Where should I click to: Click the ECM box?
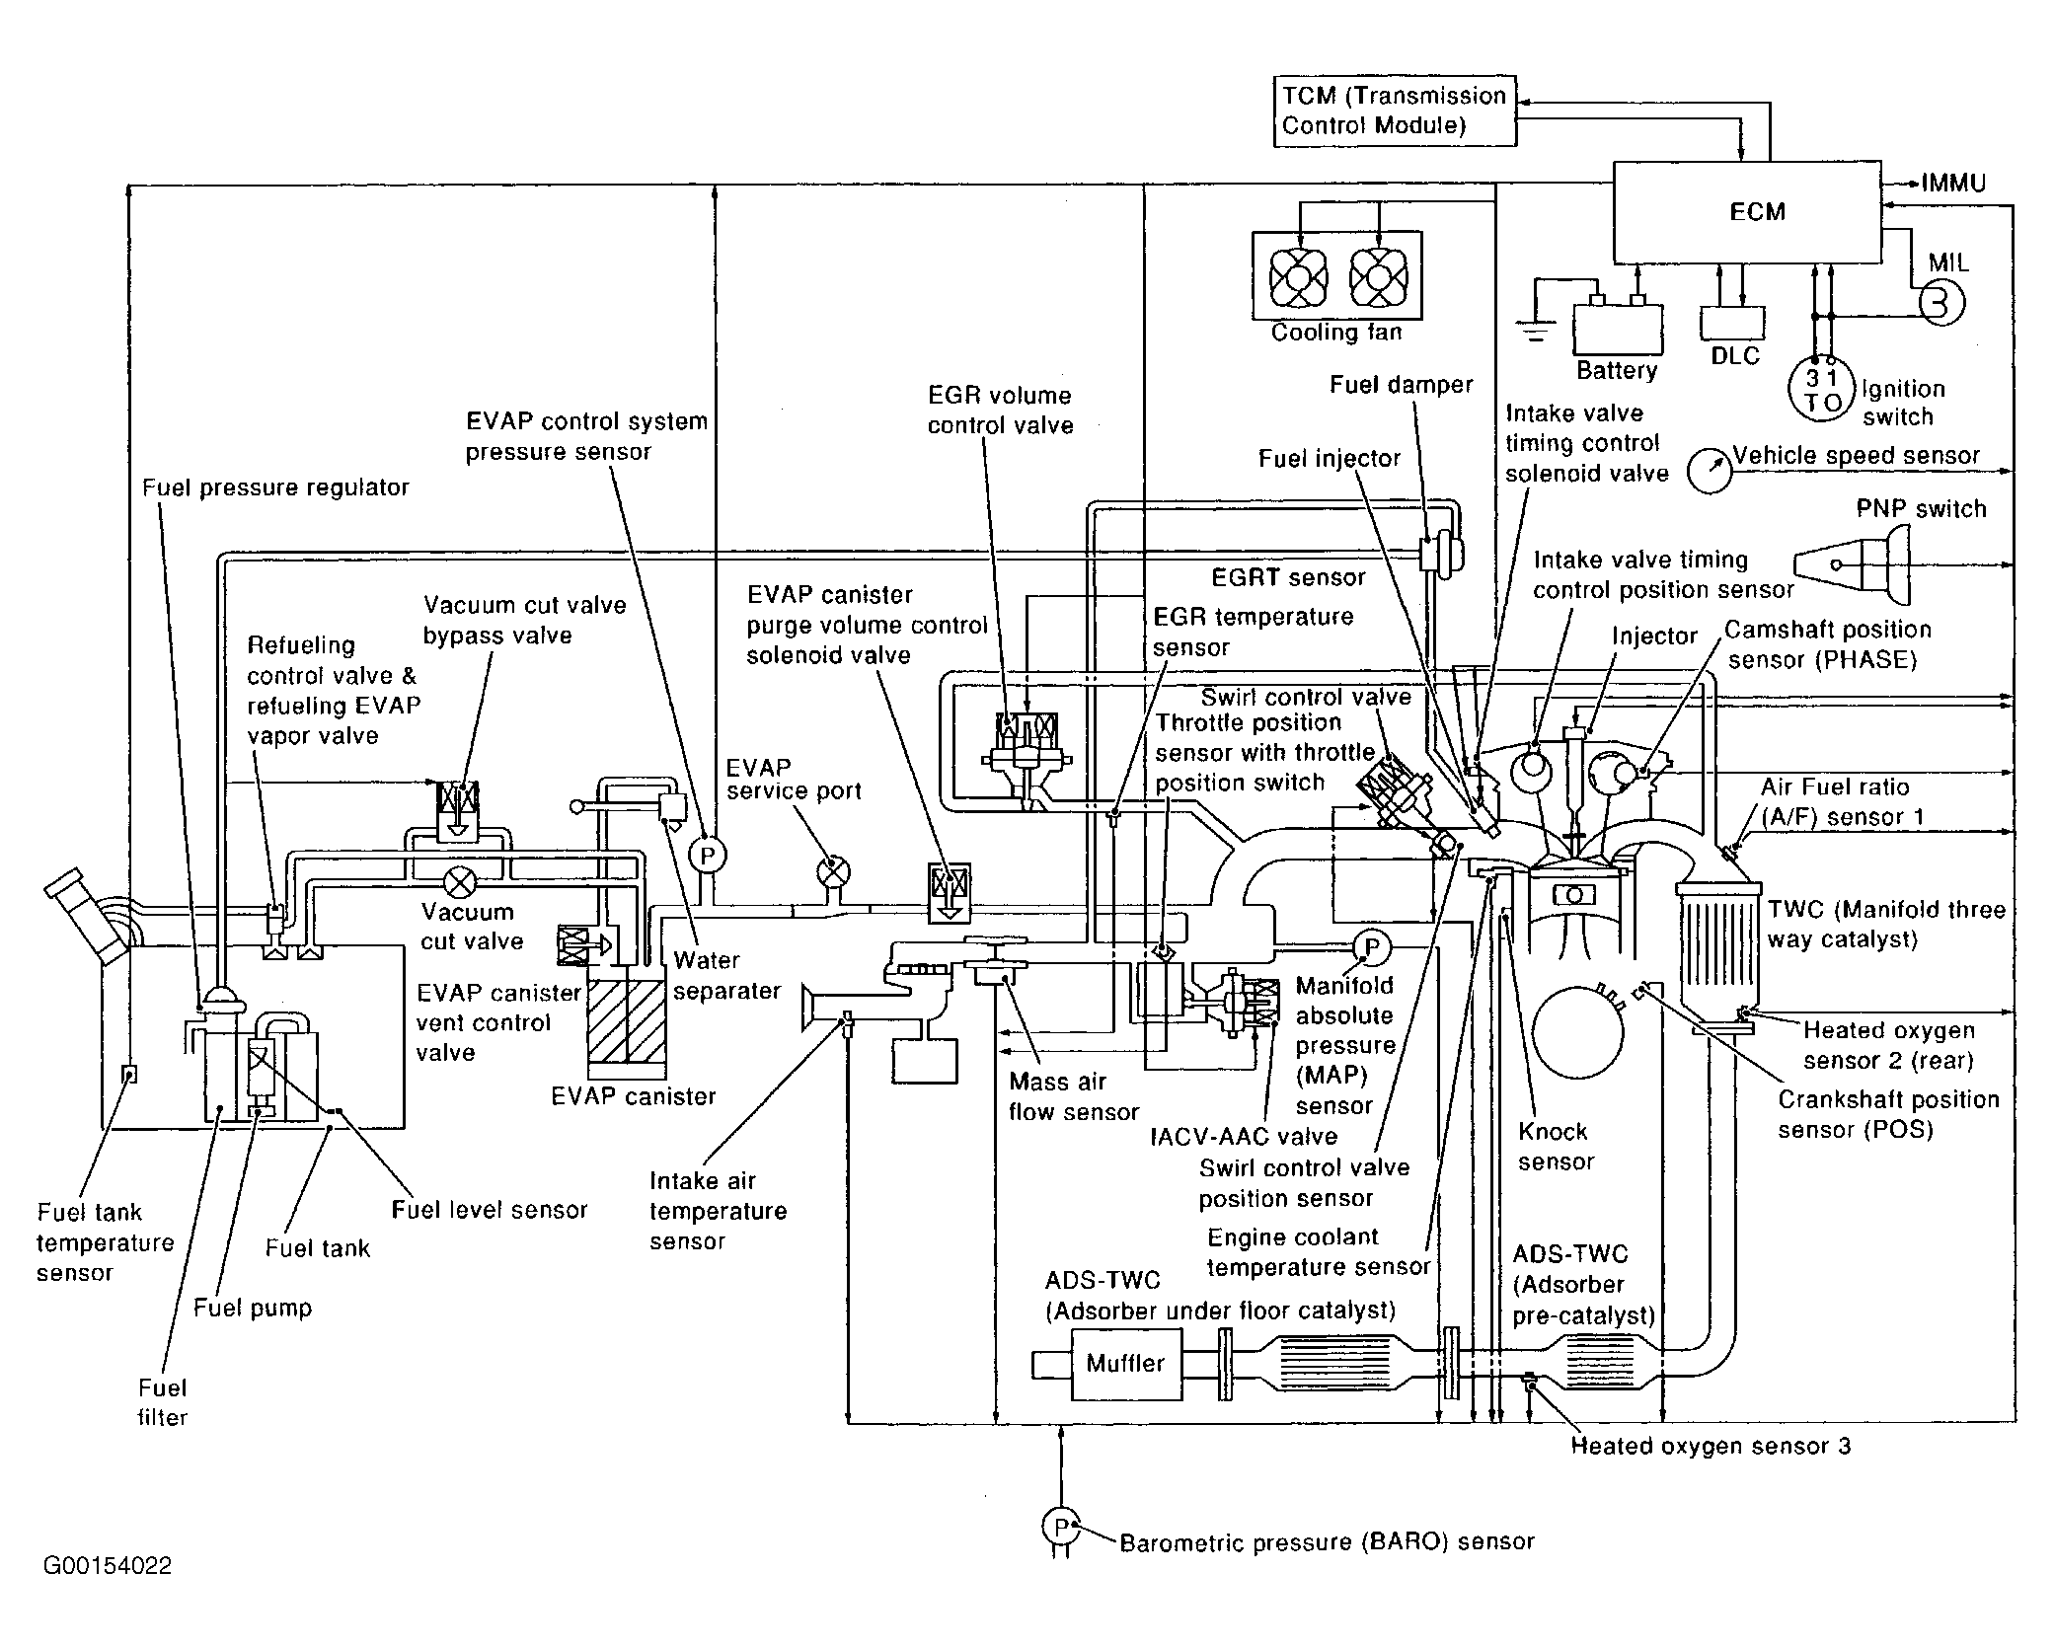[x=1746, y=212]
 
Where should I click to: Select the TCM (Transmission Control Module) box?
[x=1394, y=111]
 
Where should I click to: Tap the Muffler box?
[x=1125, y=1364]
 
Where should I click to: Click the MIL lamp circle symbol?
[x=1940, y=303]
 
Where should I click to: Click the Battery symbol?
[x=1617, y=329]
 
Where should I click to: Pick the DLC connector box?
[x=1732, y=323]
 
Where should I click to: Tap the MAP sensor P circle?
[x=1370, y=947]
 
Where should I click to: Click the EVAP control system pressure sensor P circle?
[x=707, y=855]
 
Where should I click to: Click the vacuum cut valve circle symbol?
[x=460, y=880]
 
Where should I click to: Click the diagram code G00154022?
[x=108, y=1566]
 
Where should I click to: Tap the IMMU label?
[x=1953, y=184]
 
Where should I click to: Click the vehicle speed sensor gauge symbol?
[x=1709, y=471]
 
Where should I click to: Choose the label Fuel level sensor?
[x=489, y=1210]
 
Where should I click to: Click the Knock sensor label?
[x=1555, y=1147]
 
